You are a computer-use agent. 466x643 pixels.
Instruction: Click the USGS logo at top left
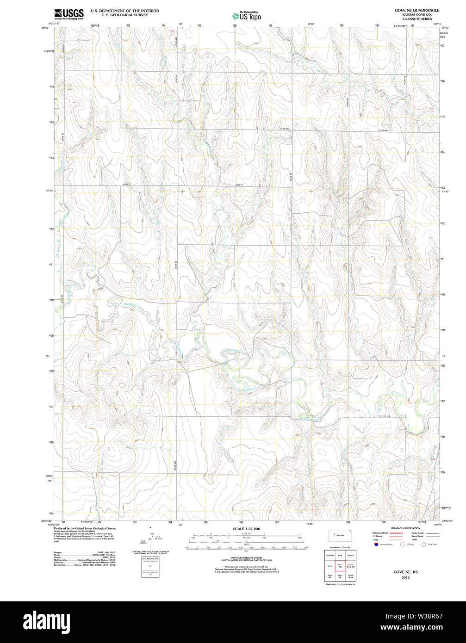pyautogui.click(x=69, y=14)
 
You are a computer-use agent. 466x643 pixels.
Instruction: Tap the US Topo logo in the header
pyautogui.click(x=246, y=16)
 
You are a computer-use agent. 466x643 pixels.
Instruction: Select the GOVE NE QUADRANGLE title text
pyautogui.click(x=416, y=10)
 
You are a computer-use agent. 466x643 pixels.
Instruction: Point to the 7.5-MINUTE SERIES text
pyautogui.click(x=416, y=19)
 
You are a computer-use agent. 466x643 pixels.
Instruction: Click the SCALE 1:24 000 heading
pyautogui.click(x=246, y=529)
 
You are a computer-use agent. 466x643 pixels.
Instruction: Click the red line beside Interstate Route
pyautogui.click(x=395, y=533)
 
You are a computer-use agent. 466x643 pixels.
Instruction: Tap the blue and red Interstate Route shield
pyautogui.click(x=376, y=544)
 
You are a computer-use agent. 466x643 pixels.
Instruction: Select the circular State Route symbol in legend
pyautogui.click(x=423, y=544)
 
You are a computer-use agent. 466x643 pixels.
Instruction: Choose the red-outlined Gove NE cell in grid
pyautogui.click(x=340, y=565)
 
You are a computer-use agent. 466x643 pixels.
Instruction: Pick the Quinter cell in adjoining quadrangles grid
pyautogui.click(x=351, y=555)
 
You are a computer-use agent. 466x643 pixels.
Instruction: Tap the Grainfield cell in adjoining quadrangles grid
pyautogui.click(x=329, y=555)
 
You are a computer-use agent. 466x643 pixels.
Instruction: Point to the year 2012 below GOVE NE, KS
pyautogui.click(x=405, y=577)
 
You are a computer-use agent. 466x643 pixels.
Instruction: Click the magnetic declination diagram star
pyautogui.click(x=150, y=527)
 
